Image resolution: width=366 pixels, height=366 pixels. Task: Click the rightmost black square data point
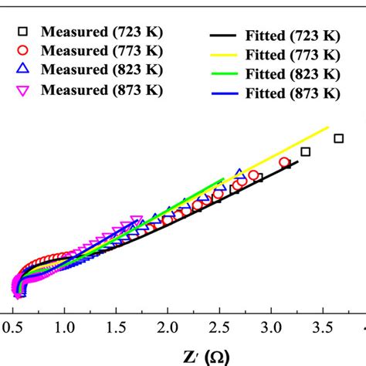(338, 138)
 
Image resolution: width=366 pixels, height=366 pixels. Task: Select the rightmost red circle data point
(284, 163)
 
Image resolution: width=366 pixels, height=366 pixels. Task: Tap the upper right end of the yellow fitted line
(328, 127)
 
